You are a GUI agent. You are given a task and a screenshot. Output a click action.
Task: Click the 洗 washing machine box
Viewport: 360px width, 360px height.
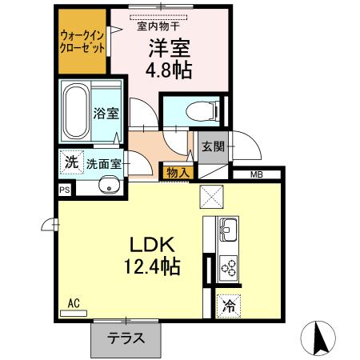click(x=71, y=162)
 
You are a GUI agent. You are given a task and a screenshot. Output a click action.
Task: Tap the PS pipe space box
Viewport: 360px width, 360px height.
click(x=64, y=190)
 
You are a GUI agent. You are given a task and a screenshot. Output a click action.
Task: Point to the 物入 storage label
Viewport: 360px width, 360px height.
click(x=178, y=171)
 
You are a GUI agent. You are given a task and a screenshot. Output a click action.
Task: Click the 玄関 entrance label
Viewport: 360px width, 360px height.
click(x=212, y=147)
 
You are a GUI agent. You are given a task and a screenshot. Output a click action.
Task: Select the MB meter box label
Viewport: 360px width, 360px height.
click(x=256, y=175)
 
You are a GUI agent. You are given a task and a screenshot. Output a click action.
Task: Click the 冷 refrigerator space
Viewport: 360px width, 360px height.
click(x=230, y=305)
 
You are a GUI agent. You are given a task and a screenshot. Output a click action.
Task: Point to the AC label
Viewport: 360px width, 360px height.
click(x=73, y=302)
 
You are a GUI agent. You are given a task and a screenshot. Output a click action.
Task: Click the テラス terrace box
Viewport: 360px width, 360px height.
click(x=127, y=337)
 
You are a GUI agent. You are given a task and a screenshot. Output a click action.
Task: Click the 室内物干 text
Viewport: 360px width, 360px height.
click(x=157, y=25)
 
